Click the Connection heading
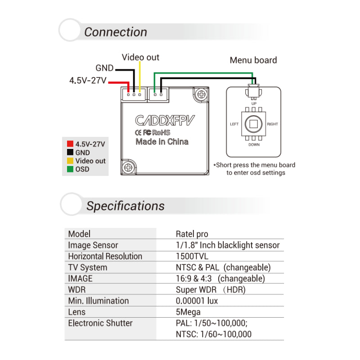(x=116, y=32)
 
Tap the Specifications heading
(x=126, y=206)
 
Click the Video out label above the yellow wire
(x=140, y=58)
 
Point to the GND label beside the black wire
(x=104, y=68)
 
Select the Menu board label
(x=253, y=60)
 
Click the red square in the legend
(x=70, y=144)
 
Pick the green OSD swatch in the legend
(x=70, y=169)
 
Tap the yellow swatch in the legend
(x=70, y=161)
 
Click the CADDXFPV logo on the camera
(x=165, y=120)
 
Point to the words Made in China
(x=162, y=142)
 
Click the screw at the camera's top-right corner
(x=201, y=94)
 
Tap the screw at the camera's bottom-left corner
(x=128, y=167)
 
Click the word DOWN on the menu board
(x=254, y=144)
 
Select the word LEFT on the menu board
(x=234, y=124)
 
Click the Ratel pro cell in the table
(x=192, y=234)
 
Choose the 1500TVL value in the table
(x=192, y=256)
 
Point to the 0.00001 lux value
(x=197, y=301)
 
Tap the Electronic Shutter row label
(x=100, y=323)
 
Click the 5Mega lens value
(x=188, y=312)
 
